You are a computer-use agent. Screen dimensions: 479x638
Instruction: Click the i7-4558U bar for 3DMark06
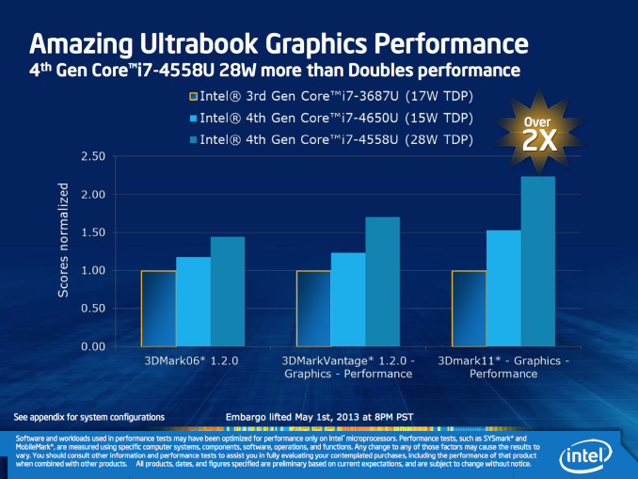pos(228,292)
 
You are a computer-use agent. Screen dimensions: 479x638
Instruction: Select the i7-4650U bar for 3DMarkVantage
pos(348,299)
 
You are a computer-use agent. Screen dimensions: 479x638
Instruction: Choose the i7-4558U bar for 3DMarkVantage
pos(383,281)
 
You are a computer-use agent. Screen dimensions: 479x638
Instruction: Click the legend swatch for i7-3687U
pos(193,96)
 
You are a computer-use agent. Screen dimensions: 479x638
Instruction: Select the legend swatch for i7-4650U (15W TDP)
pos(193,118)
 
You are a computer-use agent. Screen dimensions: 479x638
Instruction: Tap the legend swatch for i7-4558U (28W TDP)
pos(193,139)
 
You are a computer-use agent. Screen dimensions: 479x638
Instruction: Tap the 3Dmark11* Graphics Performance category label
pos(503,366)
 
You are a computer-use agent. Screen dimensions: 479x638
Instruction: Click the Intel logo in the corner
pos(587,457)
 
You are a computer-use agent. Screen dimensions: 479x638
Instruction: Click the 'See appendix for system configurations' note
pos(89,416)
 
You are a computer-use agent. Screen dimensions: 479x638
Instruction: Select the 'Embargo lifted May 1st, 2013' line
pos(318,416)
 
